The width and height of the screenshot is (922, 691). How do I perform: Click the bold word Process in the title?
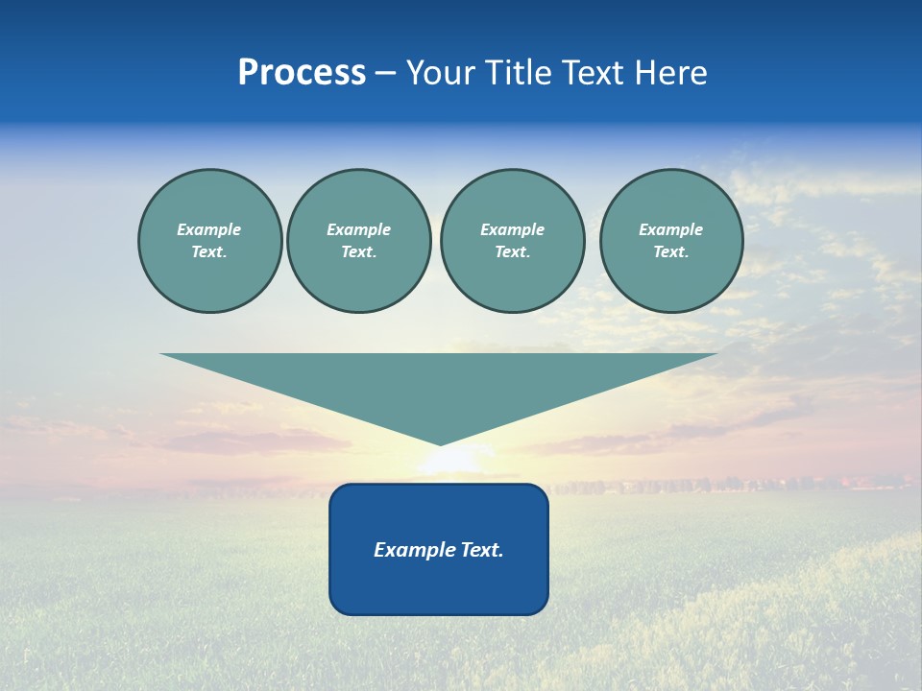302,73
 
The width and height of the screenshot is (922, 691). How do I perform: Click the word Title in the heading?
517,73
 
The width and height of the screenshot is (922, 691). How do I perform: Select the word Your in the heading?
442,73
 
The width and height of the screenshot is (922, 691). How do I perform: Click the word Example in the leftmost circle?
209,229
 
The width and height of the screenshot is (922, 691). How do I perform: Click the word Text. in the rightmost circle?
671,251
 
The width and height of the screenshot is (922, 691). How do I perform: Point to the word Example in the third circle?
512,229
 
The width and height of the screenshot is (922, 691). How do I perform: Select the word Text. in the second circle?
359,251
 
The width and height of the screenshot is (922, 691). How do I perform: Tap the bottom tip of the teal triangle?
439,442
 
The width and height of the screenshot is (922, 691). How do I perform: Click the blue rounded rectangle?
439,585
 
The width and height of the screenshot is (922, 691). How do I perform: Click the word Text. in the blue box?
481,550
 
